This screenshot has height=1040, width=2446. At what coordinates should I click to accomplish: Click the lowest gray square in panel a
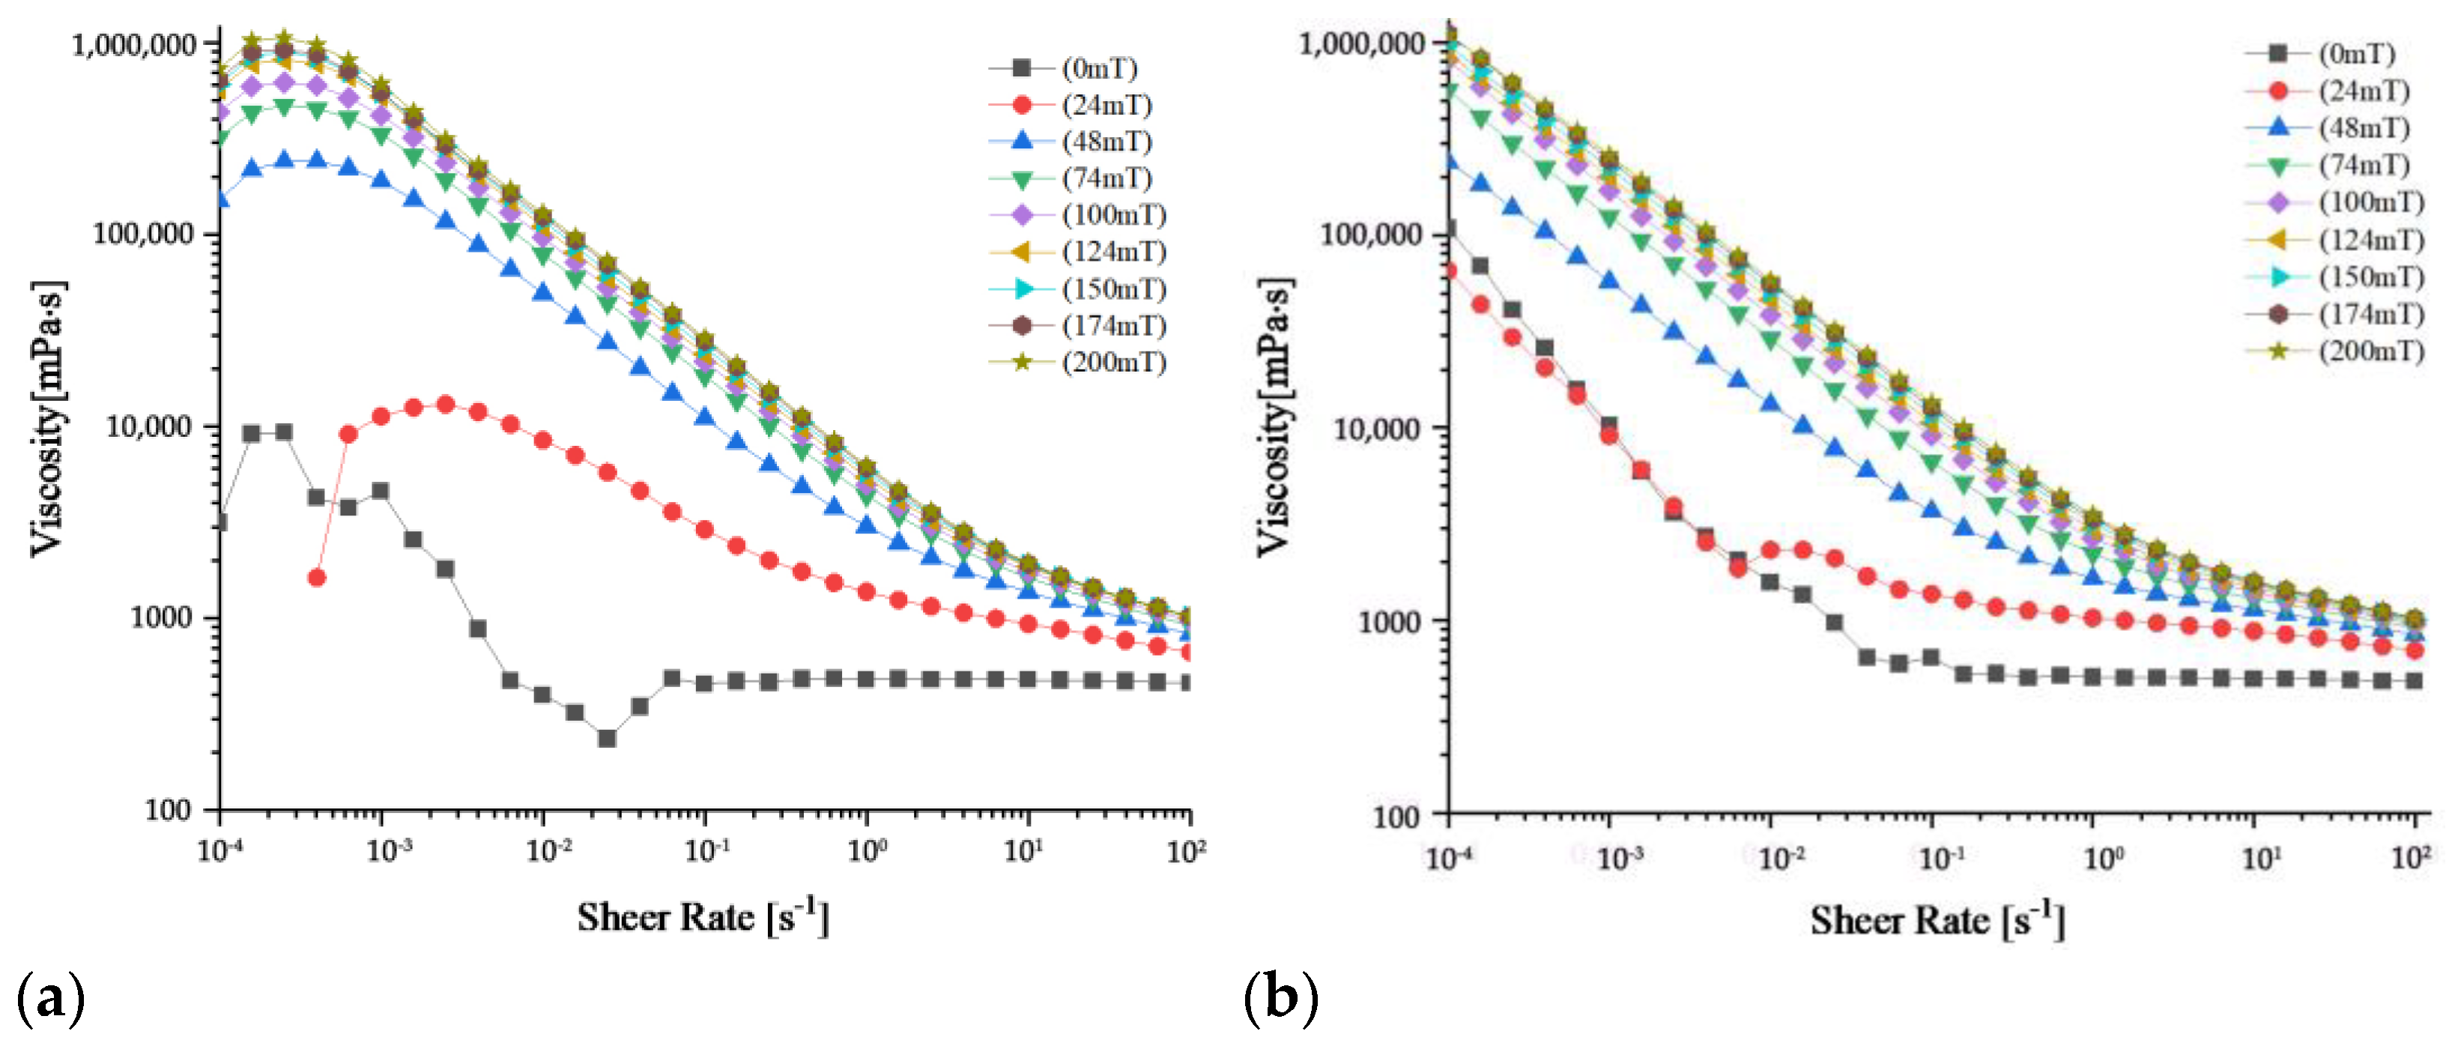point(607,738)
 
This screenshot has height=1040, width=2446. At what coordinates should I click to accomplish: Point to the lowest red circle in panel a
point(317,578)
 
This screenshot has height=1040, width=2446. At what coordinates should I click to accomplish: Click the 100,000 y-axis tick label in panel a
point(142,234)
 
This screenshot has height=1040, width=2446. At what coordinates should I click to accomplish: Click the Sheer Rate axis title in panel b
point(1937,920)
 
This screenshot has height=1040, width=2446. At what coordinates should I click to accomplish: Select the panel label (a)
point(50,998)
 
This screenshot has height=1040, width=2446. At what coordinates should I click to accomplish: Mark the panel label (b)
point(1281,998)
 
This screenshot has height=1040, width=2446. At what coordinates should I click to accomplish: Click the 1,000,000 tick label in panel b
point(1362,43)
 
